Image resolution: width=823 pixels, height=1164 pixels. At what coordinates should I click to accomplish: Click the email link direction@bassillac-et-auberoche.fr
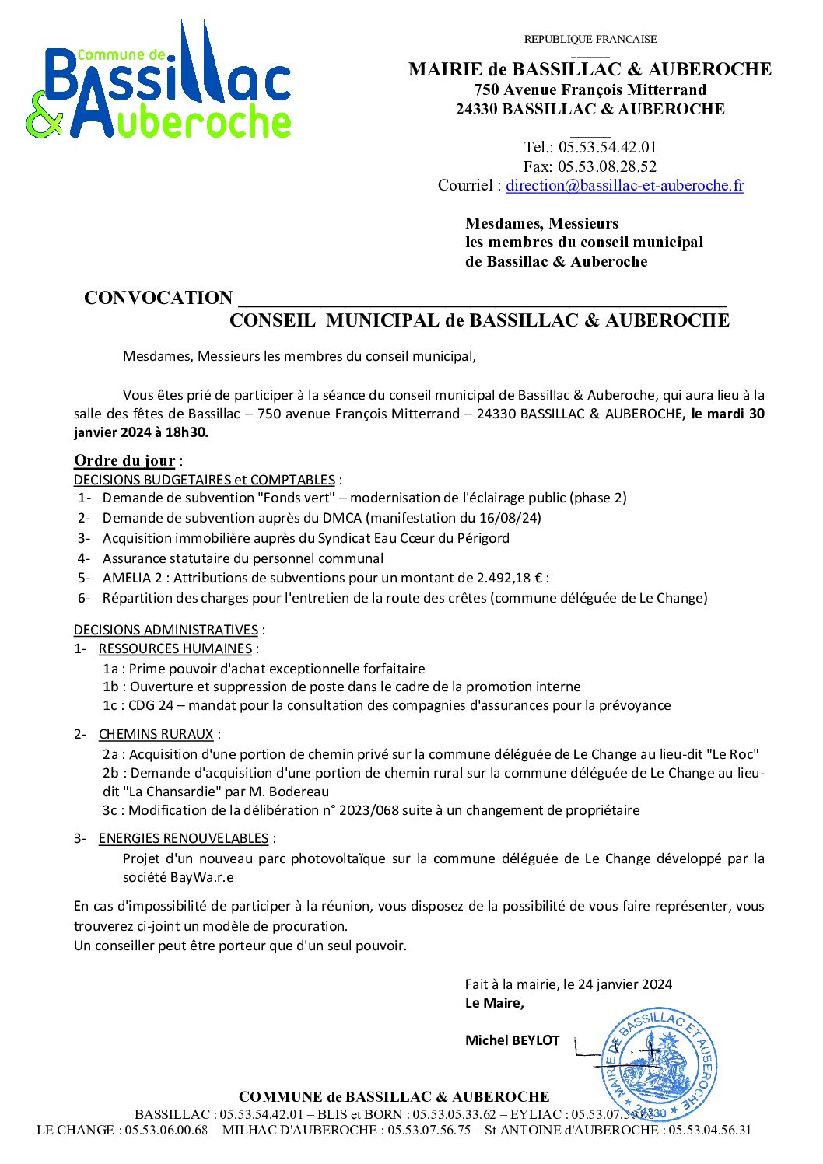pos(624,186)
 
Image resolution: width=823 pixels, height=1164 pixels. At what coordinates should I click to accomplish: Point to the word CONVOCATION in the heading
pos(159,298)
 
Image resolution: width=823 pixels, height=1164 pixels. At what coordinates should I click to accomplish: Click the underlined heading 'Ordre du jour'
pos(124,460)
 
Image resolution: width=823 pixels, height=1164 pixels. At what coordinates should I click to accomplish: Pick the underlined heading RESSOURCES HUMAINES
pos(175,648)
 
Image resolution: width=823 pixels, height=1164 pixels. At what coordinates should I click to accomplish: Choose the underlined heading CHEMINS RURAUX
pos(156,734)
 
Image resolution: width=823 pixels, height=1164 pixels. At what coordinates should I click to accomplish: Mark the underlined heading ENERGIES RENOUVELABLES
pos(184,838)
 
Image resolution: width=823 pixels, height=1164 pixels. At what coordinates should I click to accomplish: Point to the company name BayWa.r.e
pos(201,877)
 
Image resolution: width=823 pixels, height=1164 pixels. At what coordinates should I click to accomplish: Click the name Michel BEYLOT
pos(512,1040)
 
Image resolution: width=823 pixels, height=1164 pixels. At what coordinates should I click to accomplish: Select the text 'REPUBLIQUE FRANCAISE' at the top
pos(590,39)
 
